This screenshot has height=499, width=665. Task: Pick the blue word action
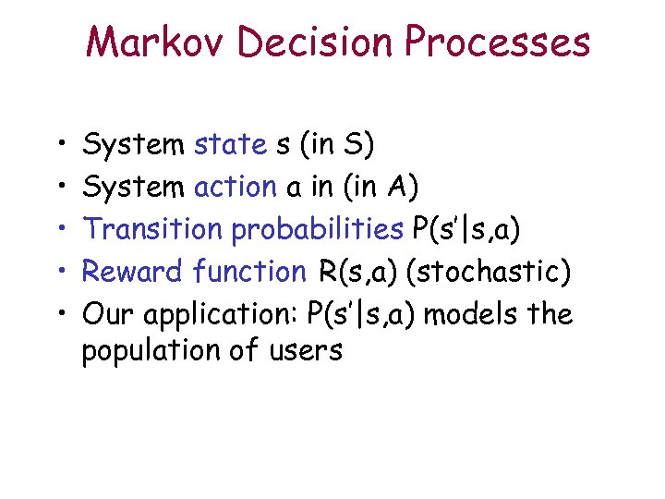pos(235,188)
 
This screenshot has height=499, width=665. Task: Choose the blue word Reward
pos(134,272)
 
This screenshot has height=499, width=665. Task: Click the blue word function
pos(249,272)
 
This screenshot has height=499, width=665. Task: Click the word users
pos(305,351)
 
